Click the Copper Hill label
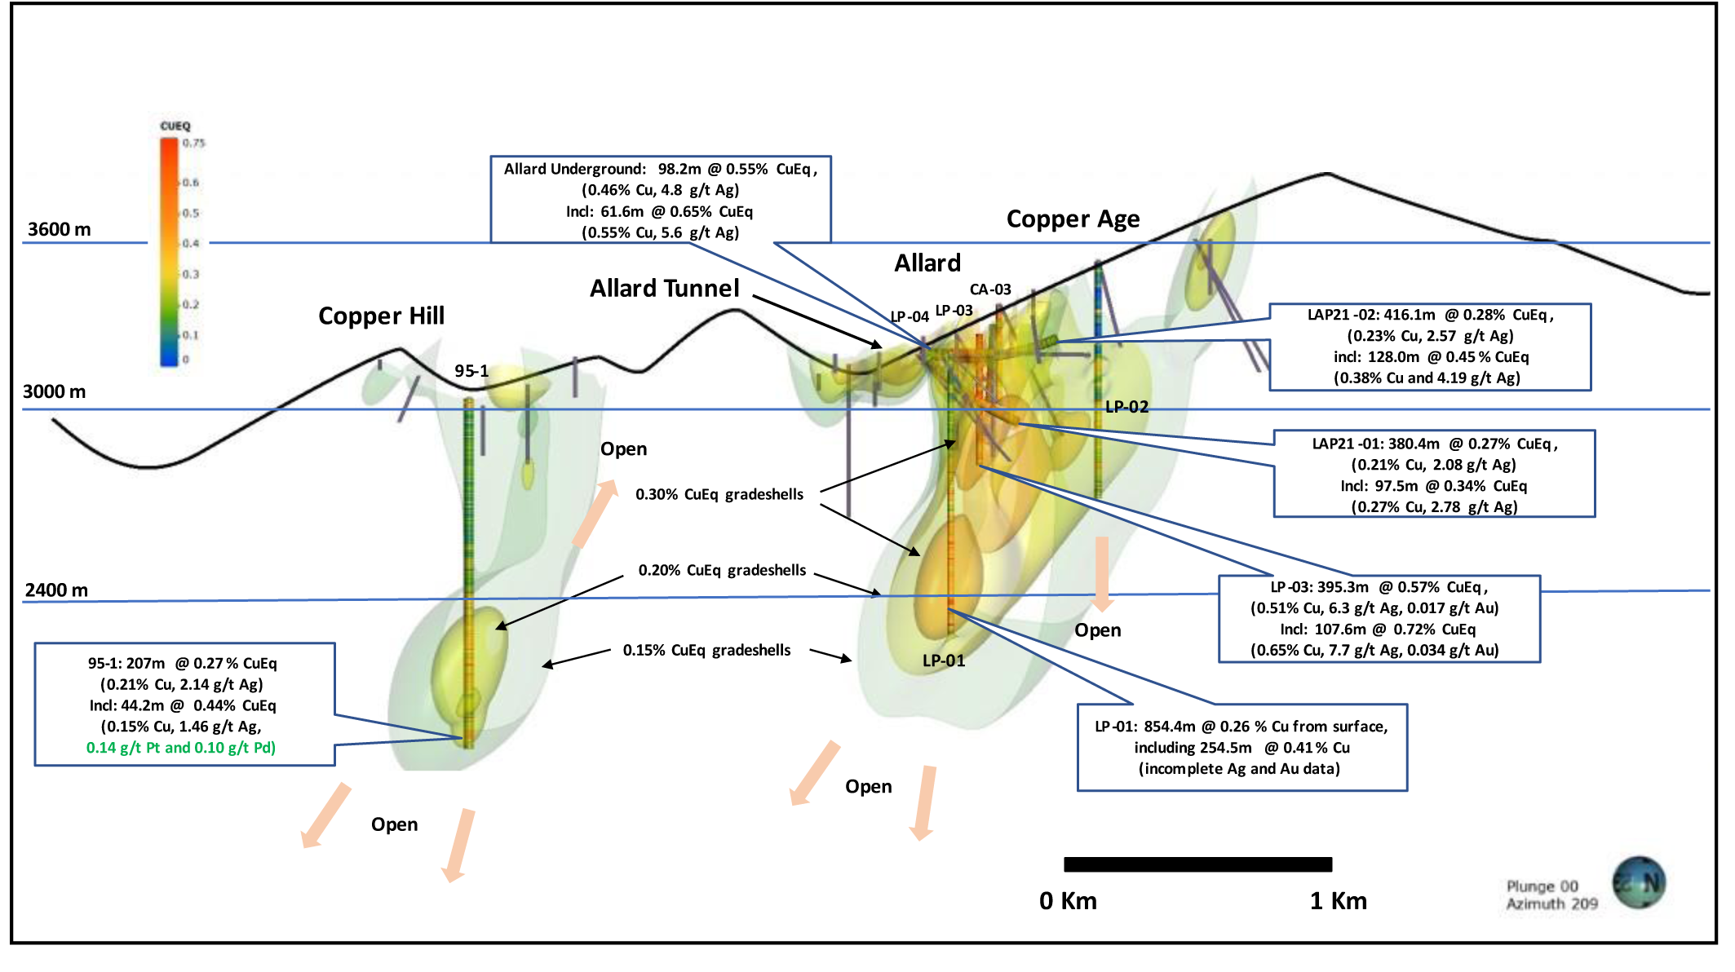pos(381,316)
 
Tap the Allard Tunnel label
pos(664,288)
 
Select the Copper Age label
pos(1073,219)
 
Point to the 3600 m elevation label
pos(59,229)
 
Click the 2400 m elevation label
pos(56,590)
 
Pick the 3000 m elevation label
pos(54,391)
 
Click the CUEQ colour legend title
pos(175,126)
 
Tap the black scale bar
pos(1197,864)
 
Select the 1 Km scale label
pos(1338,900)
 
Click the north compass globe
pos(1639,882)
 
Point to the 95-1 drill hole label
pos(471,371)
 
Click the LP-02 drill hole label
pos(1126,407)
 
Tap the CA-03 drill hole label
pos(990,289)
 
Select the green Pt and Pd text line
pos(181,748)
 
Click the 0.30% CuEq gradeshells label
pos(719,494)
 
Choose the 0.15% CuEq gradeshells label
pos(706,650)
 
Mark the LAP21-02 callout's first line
pos(1430,315)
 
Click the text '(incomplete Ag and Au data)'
pos(1239,768)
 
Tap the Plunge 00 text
pos(1542,886)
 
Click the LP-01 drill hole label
pos(944,661)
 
